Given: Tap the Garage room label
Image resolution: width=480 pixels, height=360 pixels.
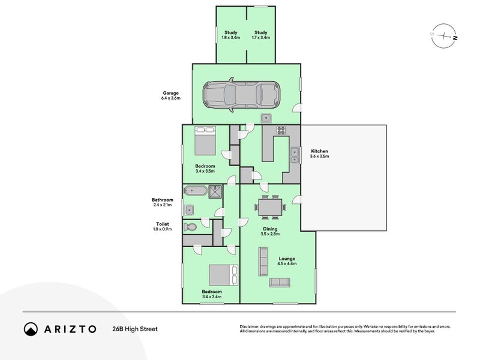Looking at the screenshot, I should (171, 95).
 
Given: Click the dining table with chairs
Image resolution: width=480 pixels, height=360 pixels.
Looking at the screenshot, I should (270, 207).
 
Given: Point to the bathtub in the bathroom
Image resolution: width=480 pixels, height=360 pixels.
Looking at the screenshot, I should (196, 191).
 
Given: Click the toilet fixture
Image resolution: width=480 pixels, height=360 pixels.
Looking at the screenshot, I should (191, 227).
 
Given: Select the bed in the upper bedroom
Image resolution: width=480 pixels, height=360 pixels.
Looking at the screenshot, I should (205, 141).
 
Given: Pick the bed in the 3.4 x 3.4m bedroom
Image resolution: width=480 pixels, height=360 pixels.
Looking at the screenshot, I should (221, 275).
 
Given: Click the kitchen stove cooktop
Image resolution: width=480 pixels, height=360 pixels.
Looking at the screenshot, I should (280, 130).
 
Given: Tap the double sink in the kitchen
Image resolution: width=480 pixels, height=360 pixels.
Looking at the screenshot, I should (295, 155).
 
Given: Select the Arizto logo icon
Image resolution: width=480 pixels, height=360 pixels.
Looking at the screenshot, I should (31, 329).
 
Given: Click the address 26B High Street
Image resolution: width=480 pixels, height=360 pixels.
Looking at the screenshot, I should (135, 329).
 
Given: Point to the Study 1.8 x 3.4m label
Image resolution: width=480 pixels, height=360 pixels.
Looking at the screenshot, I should (231, 35).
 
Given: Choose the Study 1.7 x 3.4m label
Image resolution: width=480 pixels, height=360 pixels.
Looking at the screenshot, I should (260, 35).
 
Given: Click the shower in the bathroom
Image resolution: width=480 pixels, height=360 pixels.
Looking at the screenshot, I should (215, 191).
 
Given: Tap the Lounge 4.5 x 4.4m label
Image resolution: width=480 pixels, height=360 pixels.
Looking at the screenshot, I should (287, 261).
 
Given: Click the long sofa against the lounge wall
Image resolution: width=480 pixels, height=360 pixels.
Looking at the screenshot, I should (263, 262).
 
